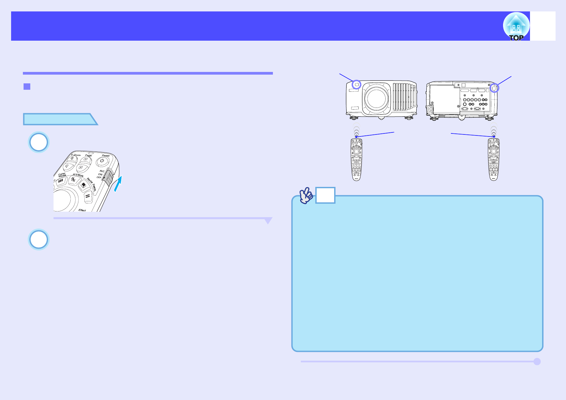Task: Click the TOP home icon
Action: [x=516, y=27]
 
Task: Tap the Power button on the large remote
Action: [x=102, y=161]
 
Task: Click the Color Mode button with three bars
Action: [x=61, y=181]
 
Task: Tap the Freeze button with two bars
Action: [x=88, y=197]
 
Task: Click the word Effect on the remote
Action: [x=82, y=210]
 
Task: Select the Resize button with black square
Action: [x=83, y=185]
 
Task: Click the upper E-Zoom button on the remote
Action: [x=72, y=159]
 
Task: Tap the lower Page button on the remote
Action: [x=81, y=167]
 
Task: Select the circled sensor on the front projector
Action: [x=356, y=85]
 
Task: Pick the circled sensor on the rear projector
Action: [x=494, y=88]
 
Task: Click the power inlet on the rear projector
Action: [x=430, y=109]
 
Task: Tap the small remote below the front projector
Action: [x=356, y=160]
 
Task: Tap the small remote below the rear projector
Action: [x=493, y=160]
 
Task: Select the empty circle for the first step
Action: [x=39, y=142]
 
